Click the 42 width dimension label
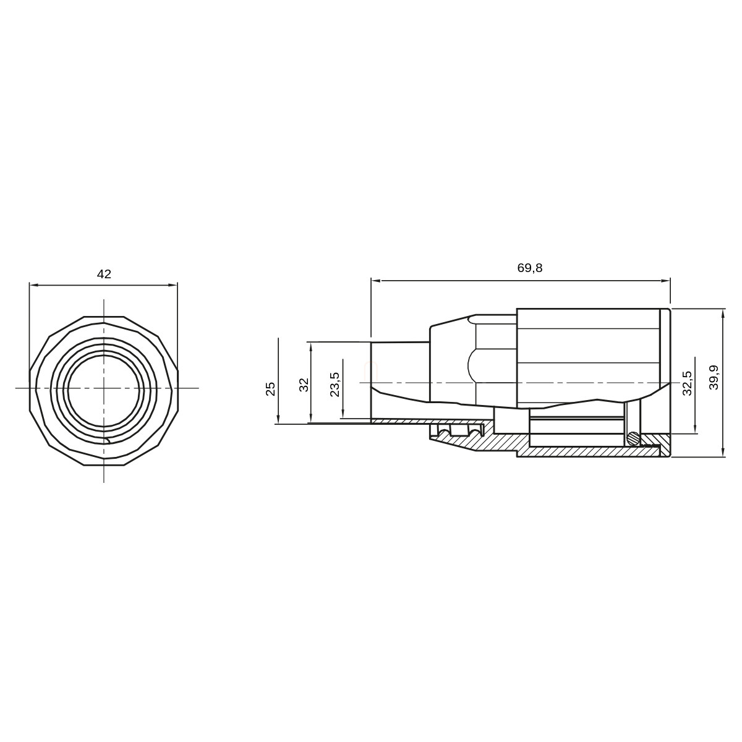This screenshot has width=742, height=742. coord(104,274)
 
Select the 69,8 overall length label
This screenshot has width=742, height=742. coord(530,268)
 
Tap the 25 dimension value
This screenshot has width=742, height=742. coord(271,389)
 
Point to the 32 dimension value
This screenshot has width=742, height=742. coord(304,385)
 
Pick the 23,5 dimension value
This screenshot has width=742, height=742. coord(335,384)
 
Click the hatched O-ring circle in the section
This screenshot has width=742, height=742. coord(633,437)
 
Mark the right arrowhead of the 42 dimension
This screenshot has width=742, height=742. coord(173,285)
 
